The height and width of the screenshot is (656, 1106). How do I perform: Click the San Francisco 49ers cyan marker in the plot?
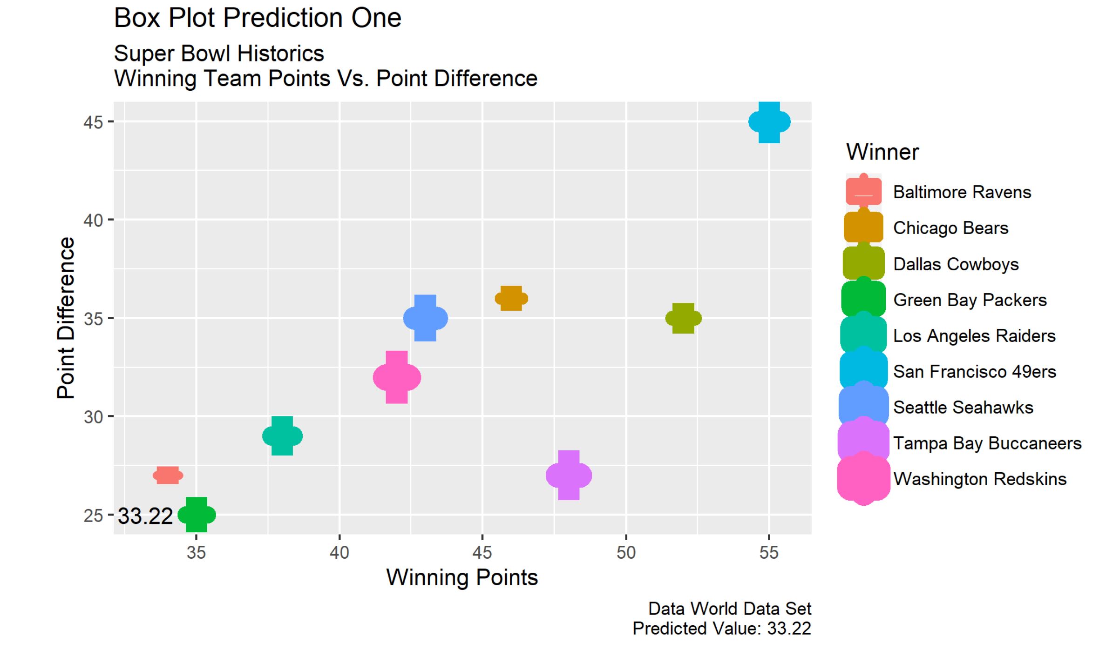pyautogui.click(x=769, y=122)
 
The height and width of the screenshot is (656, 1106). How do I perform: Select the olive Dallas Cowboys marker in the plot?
pyautogui.click(x=683, y=318)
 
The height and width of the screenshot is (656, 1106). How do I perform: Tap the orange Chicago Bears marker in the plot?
pyautogui.click(x=511, y=298)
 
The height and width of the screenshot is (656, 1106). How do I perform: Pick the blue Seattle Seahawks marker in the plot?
pyautogui.click(x=425, y=318)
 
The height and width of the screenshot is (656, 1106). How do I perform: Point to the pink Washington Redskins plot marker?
pyautogui.click(x=397, y=377)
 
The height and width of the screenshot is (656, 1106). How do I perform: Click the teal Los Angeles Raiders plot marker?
pyautogui.click(x=282, y=436)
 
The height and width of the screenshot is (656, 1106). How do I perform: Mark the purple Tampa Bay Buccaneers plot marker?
pyautogui.click(x=569, y=475)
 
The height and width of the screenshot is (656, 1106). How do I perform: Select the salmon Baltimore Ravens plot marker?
pyautogui.click(x=168, y=475)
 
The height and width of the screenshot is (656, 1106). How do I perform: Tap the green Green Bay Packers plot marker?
pyautogui.click(x=197, y=515)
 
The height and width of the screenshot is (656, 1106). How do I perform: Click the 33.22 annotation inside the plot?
pyautogui.click(x=145, y=516)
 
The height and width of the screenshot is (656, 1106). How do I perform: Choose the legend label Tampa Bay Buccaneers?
pyautogui.click(x=987, y=443)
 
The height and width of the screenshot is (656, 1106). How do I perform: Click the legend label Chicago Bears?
pyautogui.click(x=950, y=228)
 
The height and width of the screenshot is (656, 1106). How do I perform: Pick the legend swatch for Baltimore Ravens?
pyautogui.click(x=863, y=191)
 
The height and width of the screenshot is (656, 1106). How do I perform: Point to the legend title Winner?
pyautogui.click(x=882, y=152)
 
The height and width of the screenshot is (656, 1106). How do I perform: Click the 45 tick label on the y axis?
pyautogui.click(x=93, y=122)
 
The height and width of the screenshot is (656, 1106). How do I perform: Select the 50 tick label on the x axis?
pyautogui.click(x=625, y=553)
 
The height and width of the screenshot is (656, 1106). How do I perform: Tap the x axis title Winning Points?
pyautogui.click(x=461, y=577)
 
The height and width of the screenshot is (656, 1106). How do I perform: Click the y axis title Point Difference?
pyautogui.click(x=66, y=318)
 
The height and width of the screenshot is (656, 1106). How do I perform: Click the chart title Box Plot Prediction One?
pyautogui.click(x=258, y=18)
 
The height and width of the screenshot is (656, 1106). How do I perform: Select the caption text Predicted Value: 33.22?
pyautogui.click(x=721, y=629)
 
